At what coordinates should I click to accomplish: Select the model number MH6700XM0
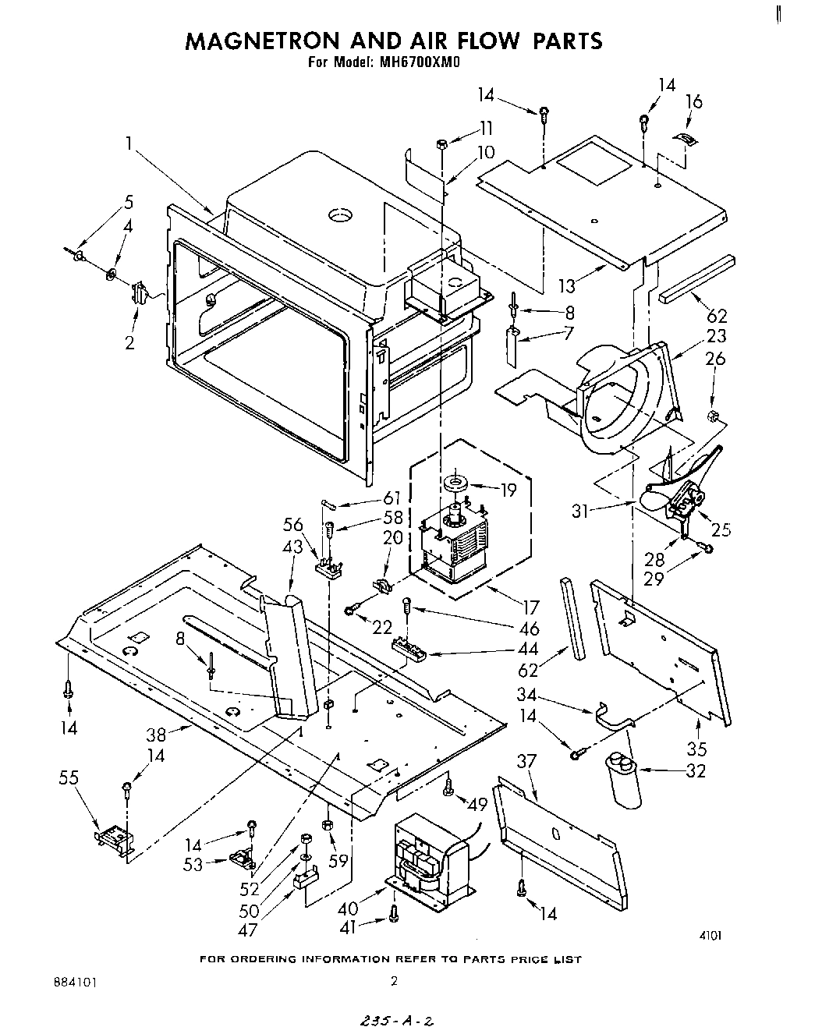(420, 65)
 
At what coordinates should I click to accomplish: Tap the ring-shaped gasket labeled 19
(455, 485)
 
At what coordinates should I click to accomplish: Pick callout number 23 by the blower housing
(716, 336)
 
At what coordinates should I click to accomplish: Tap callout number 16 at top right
(693, 101)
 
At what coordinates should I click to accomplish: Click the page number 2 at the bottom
(394, 982)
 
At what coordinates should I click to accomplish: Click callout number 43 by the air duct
(294, 548)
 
